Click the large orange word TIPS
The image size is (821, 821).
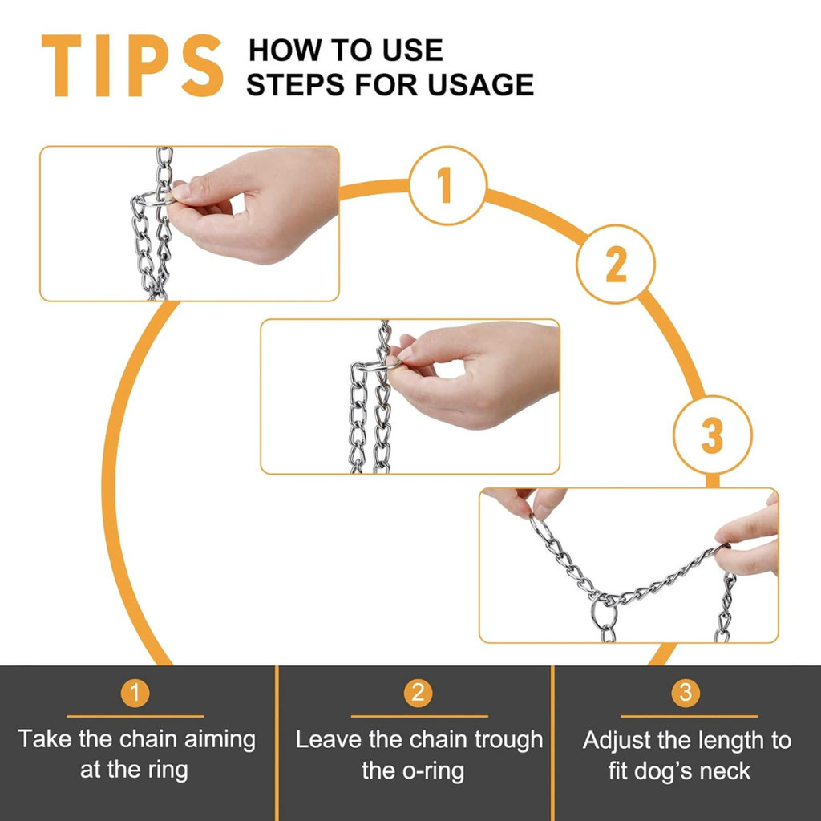pyautogui.click(x=132, y=66)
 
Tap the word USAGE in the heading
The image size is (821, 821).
pyautogui.click(x=481, y=85)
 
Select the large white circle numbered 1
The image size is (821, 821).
pyautogui.click(x=447, y=185)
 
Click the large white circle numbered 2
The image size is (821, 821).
pyautogui.click(x=615, y=264)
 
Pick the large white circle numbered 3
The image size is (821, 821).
pyautogui.click(x=712, y=435)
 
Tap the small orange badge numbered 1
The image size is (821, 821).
pyautogui.click(x=135, y=693)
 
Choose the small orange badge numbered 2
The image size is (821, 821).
pyautogui.click(x=418, y=693)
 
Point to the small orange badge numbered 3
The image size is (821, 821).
pyautogui.click(x=686, y=693)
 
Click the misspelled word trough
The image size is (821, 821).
pyautogui.click(x=508, y=740)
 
